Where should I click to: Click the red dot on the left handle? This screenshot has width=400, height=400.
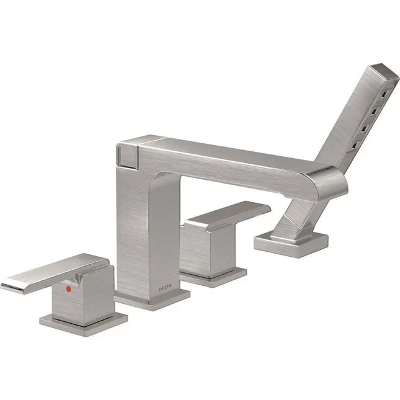(69, 288)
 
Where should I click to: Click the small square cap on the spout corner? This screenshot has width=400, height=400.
(128, 152)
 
